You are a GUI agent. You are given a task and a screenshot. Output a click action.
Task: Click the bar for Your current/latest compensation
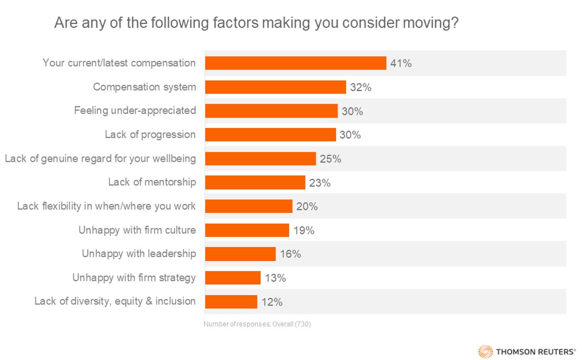tap(295, 63)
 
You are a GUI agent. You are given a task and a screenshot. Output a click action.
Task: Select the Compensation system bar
tap(275, 87)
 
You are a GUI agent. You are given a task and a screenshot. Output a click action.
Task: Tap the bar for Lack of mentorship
tap(255, 182)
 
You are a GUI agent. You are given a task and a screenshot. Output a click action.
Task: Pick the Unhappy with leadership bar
tap(240, 254)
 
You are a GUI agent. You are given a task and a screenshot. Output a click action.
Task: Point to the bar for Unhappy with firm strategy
tap(232, 278)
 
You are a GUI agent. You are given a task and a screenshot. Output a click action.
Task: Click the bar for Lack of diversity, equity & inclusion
tap(231, 302)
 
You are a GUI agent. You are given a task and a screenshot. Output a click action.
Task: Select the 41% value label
tap(401, 64)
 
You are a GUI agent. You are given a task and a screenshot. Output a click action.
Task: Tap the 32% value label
tap(361, 87)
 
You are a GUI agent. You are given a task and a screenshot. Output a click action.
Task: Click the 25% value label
tap(330, 159)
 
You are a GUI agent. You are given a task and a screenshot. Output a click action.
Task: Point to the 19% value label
tap(304, 230)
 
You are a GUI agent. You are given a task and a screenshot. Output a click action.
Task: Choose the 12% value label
tap(272, 302)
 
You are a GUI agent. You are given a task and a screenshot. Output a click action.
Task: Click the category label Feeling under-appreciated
tap(135, 110)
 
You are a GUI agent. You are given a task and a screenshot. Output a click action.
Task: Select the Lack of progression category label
tap(150, 135)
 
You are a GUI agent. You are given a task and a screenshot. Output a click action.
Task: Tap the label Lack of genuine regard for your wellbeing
tap(100, 158)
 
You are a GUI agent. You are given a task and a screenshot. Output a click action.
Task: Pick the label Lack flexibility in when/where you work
tap(106, 206)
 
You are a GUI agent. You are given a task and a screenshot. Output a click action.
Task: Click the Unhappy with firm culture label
tap(137, 230)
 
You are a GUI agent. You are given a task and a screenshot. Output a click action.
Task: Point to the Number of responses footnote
tap(257, 324)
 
